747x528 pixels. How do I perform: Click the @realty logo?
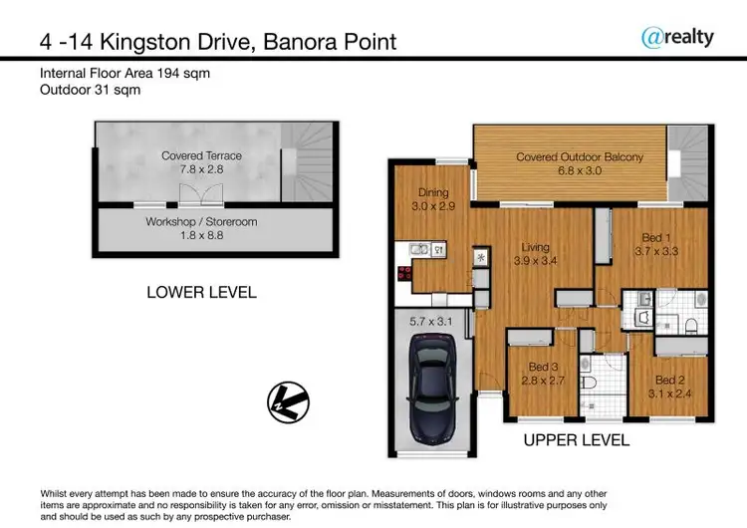[677, 37]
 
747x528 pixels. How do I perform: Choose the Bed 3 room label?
[542, 374]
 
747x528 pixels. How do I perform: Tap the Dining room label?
[433, 199]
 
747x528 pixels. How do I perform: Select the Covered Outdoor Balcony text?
[580, 163]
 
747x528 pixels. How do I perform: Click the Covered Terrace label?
[201, 162]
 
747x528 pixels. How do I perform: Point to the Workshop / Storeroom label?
[201, 228]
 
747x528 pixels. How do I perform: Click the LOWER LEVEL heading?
[201, 292]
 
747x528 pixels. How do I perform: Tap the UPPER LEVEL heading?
[576, 439]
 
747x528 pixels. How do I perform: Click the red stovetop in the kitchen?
[405, 275]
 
